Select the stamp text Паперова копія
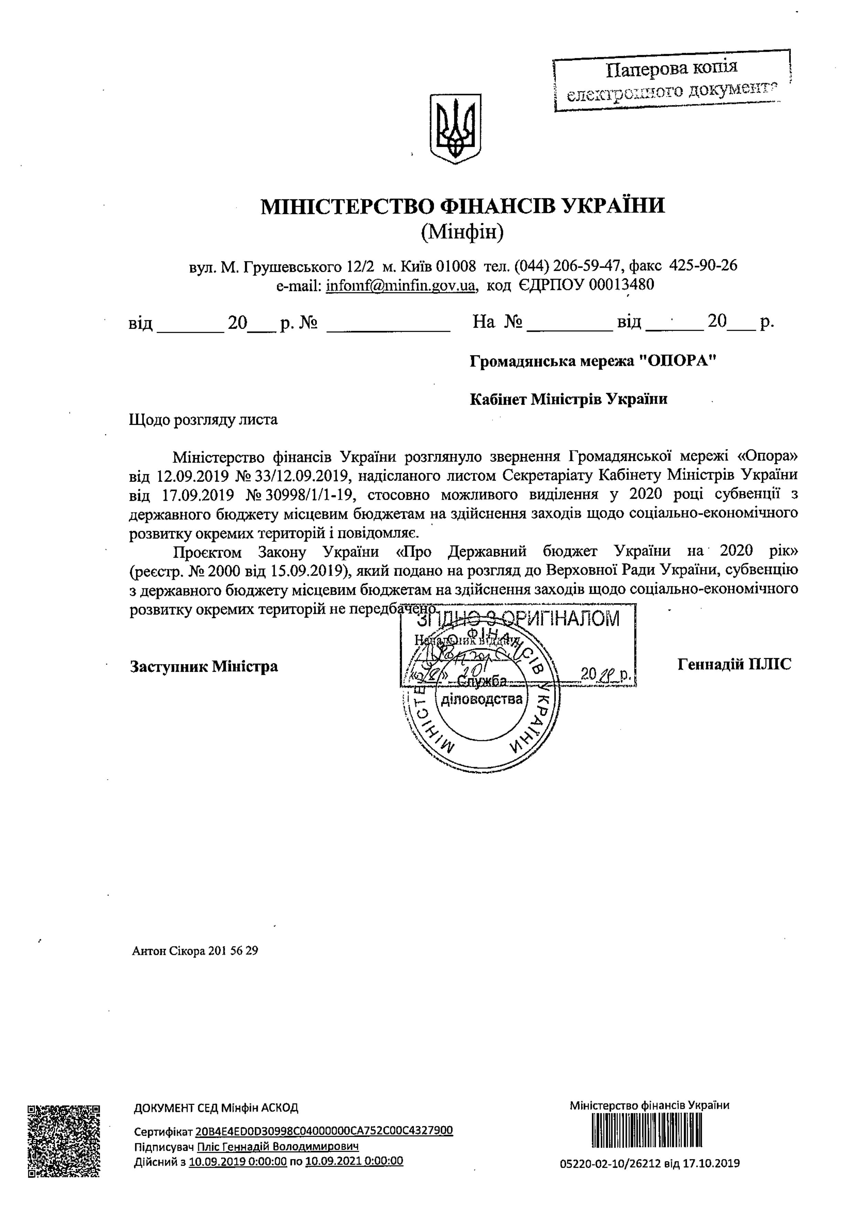point(672,68)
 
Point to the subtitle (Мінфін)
point(463,231)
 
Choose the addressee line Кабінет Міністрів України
point(568,399)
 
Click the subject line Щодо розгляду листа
point(203,420)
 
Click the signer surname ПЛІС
point(770,664)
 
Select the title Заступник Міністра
point(204,666)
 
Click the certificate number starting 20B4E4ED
point(324,1130)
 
